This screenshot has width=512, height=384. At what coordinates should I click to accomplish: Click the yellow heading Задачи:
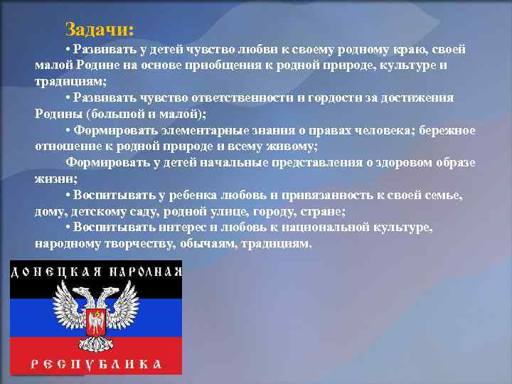coord(99,29)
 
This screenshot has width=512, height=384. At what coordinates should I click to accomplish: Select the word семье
coord(442,195)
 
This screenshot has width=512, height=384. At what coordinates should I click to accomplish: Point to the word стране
coord(324,211)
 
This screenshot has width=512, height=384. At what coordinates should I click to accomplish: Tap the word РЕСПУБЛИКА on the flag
coord(95,364)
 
